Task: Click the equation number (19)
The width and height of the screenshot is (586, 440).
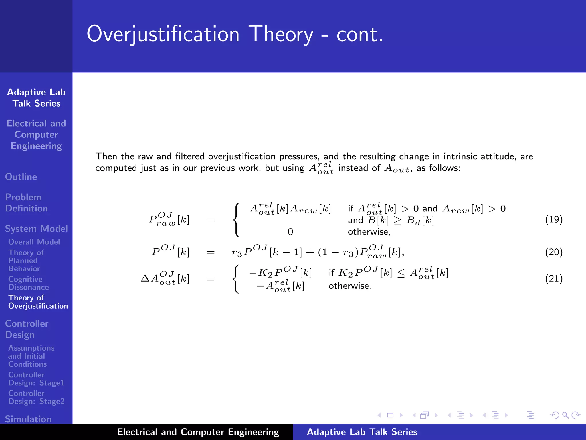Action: (554, 219)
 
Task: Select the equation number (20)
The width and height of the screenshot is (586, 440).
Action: (554, 252)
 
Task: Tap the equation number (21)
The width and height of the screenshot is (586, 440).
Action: (554, 279)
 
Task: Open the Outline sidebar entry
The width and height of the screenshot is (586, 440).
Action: (21, 177)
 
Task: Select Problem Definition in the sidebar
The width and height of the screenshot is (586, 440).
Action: (26, 203)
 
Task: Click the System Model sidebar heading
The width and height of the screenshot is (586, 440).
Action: (36, 229)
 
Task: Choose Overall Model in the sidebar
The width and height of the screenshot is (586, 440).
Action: (34, 242)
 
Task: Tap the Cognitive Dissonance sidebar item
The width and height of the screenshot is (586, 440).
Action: (28, 283)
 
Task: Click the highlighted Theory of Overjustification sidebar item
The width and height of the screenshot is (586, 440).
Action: (38, 302)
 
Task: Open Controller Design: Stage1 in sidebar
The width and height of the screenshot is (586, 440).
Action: (36, 379)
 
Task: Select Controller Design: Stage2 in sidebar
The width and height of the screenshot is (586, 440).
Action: (36, 397)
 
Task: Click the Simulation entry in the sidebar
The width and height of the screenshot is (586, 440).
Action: (28, 419)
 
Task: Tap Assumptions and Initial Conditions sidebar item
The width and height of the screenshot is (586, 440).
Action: (31, 356)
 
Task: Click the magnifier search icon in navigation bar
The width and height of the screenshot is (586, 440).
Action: (565, 415)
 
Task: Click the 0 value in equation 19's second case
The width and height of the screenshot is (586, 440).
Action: (290, 232)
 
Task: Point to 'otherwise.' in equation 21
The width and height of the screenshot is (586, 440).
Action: (350, 286)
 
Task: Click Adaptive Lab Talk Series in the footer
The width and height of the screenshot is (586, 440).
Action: (362, 432)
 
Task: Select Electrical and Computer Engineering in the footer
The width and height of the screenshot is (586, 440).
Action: (198, 432)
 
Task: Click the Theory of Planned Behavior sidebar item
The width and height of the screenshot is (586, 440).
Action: (26, 260)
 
